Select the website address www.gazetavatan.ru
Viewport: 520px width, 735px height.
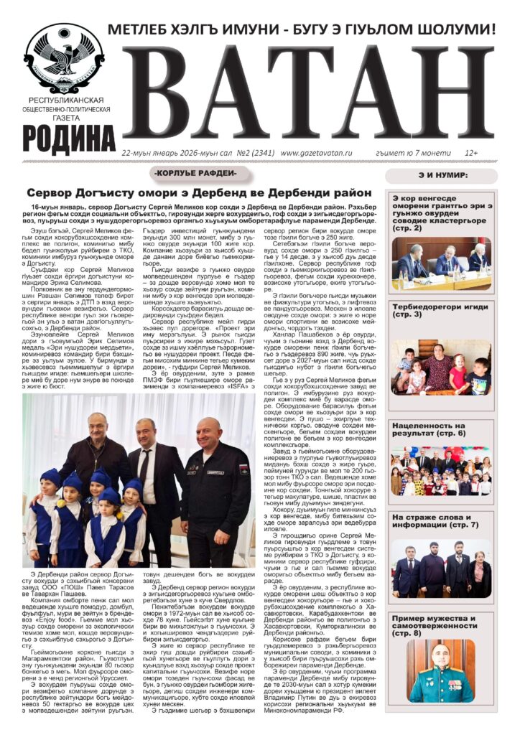tap(316, 153)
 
